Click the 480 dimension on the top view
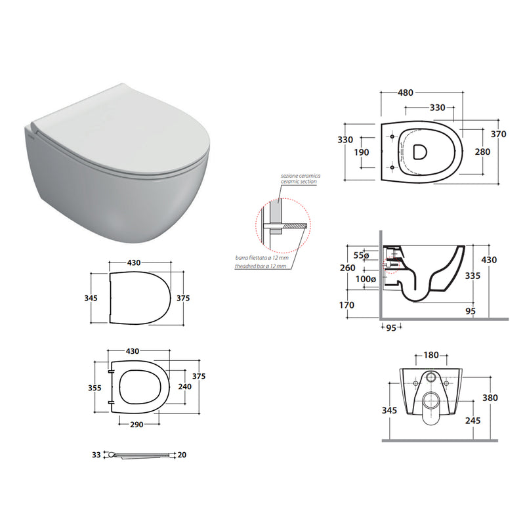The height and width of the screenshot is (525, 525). [404, 93]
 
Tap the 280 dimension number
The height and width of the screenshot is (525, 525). [483, 152]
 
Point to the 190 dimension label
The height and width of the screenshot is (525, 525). [361, 152]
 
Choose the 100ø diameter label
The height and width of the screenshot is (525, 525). [364, 280]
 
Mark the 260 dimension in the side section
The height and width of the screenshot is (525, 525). [347, 267]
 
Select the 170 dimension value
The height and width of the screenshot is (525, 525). [347, 305]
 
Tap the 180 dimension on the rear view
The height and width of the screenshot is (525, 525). [430, 355]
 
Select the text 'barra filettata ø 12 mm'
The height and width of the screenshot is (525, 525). [262, 259]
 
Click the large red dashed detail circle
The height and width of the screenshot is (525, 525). [280, 227]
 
